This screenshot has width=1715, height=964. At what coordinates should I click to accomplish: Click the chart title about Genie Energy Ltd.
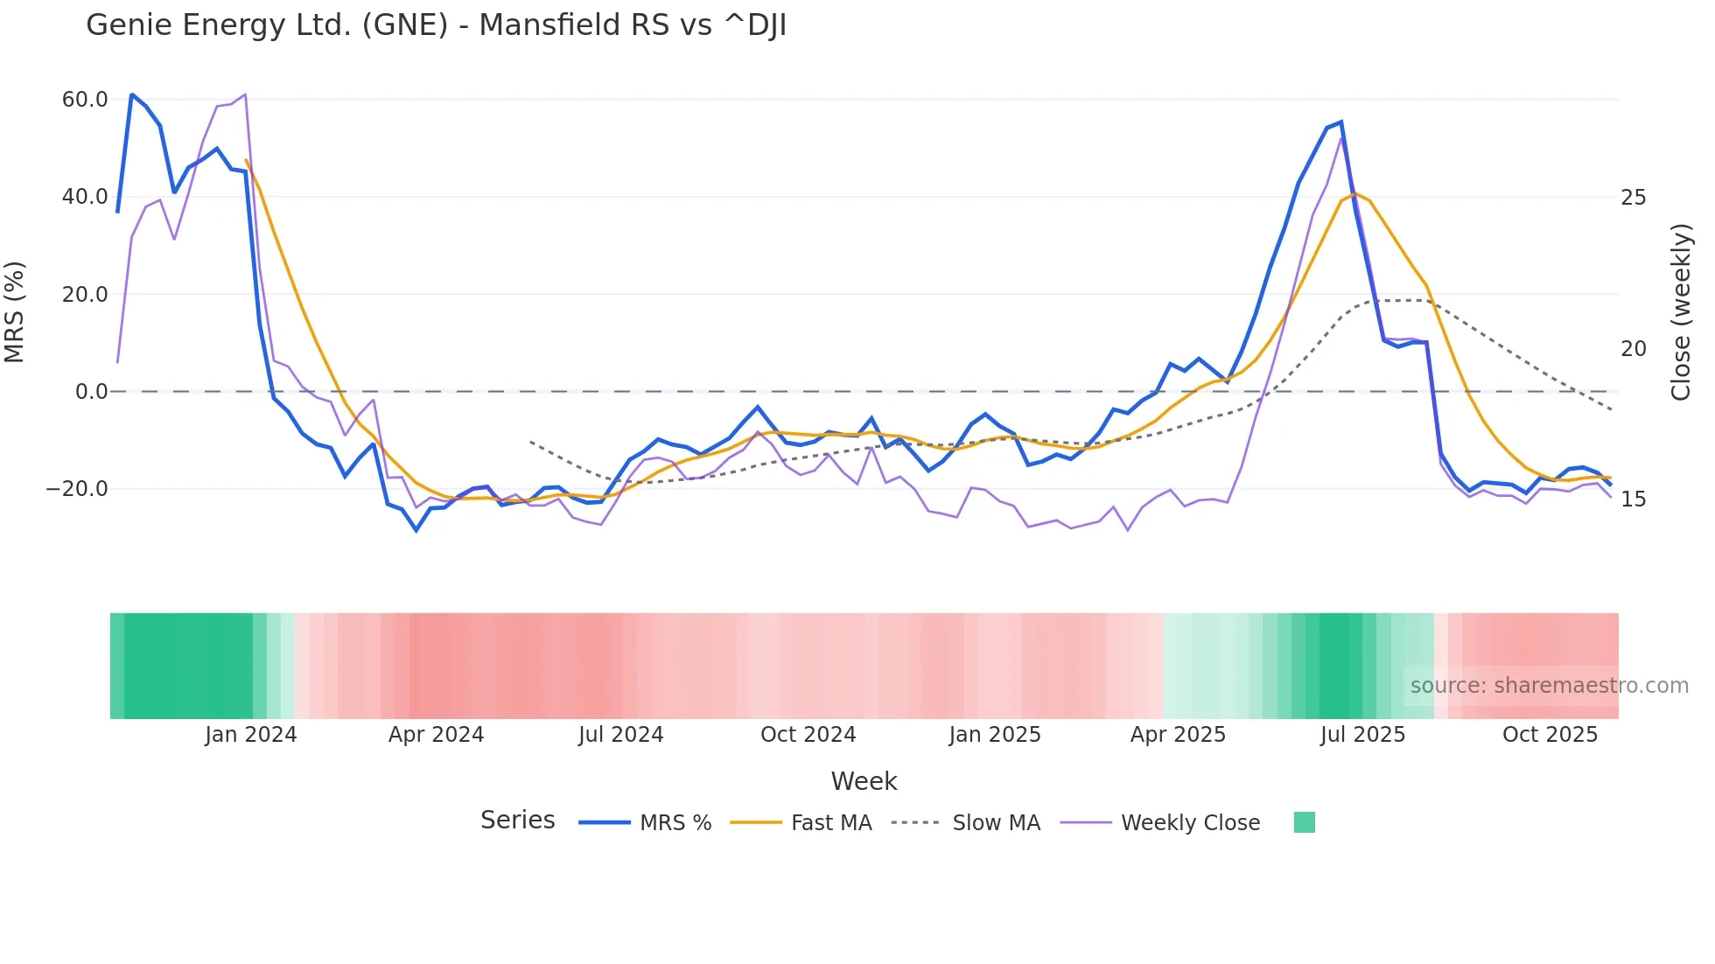[436, 25]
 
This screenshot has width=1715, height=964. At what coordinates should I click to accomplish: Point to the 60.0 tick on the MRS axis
[85, 100]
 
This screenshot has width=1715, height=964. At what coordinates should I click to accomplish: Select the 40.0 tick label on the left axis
[85, 197]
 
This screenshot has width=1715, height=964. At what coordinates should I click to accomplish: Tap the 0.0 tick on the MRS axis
[92, 392]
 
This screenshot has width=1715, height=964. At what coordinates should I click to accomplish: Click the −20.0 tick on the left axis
[77, 489]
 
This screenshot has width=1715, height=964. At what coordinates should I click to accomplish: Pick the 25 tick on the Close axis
[1634, 198]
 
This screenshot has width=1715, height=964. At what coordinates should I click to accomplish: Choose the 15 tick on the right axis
[1634, 499]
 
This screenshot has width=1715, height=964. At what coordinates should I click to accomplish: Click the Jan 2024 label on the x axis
[251, 735]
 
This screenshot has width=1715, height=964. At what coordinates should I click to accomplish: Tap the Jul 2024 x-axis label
[621, 735]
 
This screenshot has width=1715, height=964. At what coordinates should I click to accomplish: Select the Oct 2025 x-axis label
[1550, 735]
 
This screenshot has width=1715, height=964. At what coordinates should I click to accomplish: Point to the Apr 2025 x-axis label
[1178, 735]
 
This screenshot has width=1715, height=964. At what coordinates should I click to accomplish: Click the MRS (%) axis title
[15, 312]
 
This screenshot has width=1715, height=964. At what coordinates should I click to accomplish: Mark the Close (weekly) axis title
[1681, 312]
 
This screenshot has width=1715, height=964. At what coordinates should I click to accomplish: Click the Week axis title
[864, 781]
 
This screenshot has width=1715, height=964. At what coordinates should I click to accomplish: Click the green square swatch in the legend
[1305, 823]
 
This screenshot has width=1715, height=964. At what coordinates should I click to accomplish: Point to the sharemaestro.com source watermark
[1549, 686]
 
